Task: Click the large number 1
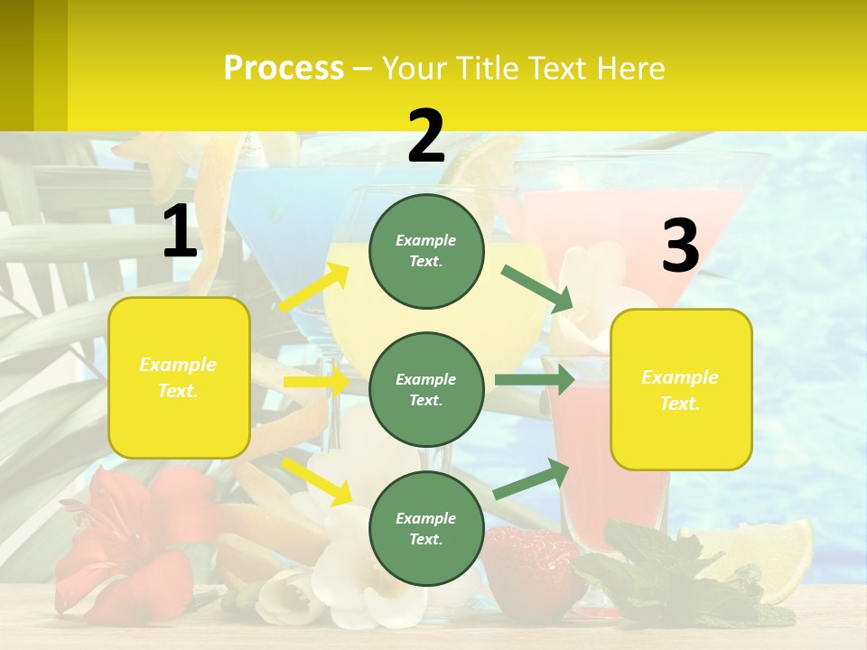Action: click(180, 231)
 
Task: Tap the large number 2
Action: click(425, 136)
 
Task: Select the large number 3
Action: click(680, 246)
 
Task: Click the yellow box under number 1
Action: click(179, 377)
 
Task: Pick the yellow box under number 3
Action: click(681, 390)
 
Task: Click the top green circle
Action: click(426, 251)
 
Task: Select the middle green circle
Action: click(426, 389)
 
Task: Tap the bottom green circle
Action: click(426, 528)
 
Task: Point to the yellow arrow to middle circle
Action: click(315, 382)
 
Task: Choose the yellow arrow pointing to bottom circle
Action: click(316, 480)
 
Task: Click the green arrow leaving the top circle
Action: click(536, 288)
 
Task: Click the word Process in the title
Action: click(284, 68)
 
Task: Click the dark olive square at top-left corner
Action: click(16, 63)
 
